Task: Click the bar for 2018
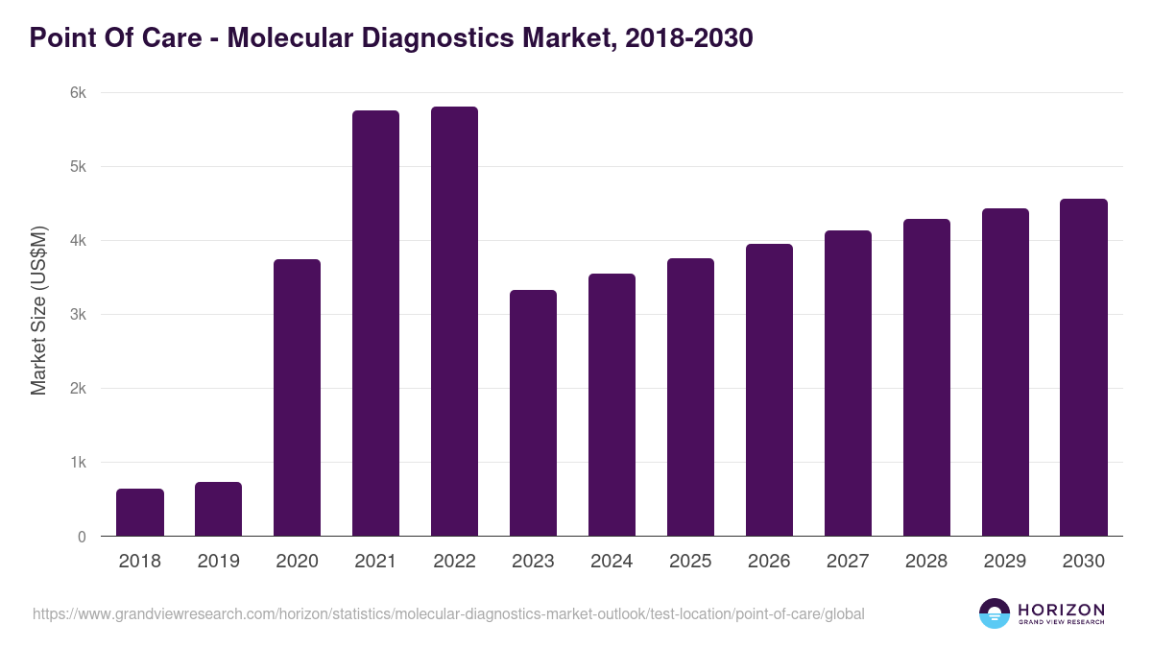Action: point(140,513)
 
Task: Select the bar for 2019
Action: point(219,509)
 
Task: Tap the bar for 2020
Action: point(298,398)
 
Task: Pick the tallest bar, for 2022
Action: point(455,322)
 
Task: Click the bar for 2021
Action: point(376,324)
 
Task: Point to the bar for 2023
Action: point(534,413)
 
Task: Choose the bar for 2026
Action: point(770,390)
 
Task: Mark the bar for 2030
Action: point(1084,368)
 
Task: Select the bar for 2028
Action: point(926,377)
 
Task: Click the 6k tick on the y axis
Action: point(78,93)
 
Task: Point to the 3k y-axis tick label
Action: point(78,315)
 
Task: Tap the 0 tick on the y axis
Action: point(82,537)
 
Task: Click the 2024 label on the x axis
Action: point(612,562)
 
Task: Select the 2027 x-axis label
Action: point(848,562)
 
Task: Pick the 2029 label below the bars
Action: point(1005,562)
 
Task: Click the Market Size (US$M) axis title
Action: point(38,310)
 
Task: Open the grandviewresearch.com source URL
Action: point(448,613)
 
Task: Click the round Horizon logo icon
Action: point(995,613)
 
